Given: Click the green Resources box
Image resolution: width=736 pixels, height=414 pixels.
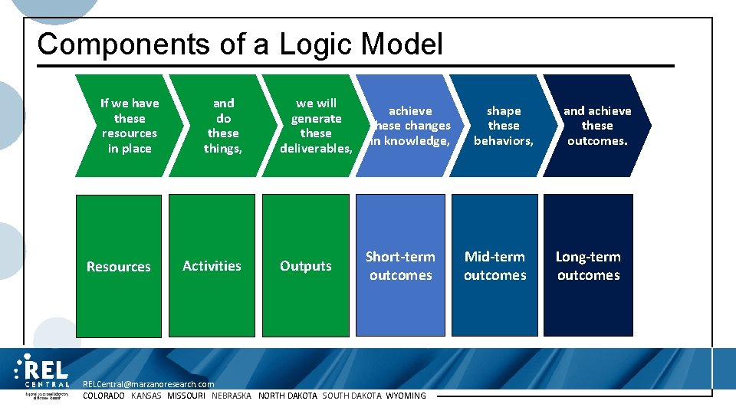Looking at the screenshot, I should (x=119, y=265).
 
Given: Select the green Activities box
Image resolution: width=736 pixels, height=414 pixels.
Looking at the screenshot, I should (x=212, y=265).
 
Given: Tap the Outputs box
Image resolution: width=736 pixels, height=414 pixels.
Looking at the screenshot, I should (x=306, y=265).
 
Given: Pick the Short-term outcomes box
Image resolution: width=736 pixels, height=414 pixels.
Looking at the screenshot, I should (x=400, y=265).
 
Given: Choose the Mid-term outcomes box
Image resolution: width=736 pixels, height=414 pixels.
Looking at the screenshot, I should (x=495, y=265).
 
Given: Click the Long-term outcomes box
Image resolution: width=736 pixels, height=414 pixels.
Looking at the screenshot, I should (x=588, y=265).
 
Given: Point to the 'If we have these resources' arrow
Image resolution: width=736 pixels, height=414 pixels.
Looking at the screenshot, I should (x=129, y=126).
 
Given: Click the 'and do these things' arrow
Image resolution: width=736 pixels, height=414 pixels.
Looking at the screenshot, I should (x=222, y=126).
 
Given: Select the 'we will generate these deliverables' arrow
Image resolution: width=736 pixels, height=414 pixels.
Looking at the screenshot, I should (x=315, y=126).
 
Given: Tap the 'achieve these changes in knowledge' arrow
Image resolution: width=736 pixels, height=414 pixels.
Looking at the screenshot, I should (x=410, y=126).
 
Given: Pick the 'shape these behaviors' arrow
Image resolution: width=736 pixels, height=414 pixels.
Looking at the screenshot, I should (x=503, y=126).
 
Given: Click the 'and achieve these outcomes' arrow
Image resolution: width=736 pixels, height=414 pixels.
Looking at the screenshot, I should (x=596, y=126).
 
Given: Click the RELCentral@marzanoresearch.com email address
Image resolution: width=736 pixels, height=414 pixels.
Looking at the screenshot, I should (x=148, y=383).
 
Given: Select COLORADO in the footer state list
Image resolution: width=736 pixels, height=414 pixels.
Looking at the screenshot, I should (x=103, y=396).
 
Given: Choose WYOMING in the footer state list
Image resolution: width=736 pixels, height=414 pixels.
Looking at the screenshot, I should (x=406, y=396).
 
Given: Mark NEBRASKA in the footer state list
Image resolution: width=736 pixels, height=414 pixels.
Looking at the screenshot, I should (x=232, y=396).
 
